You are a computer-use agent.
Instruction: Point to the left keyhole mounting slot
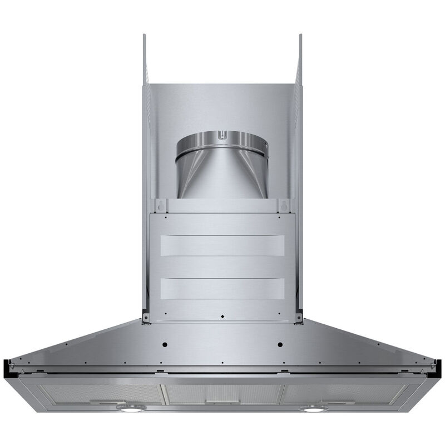pyautogui.click(x=161, y=205)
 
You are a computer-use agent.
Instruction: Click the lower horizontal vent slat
pyautogui.click(x=222, y=288)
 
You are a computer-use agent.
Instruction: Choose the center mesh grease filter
pyautogui.click(x=222, y=392)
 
